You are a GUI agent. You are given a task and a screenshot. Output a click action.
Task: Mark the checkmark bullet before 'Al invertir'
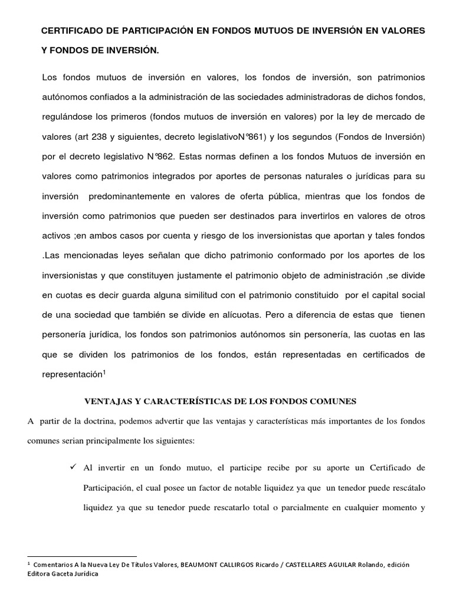74,467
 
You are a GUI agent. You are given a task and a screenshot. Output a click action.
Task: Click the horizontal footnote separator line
82,556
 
